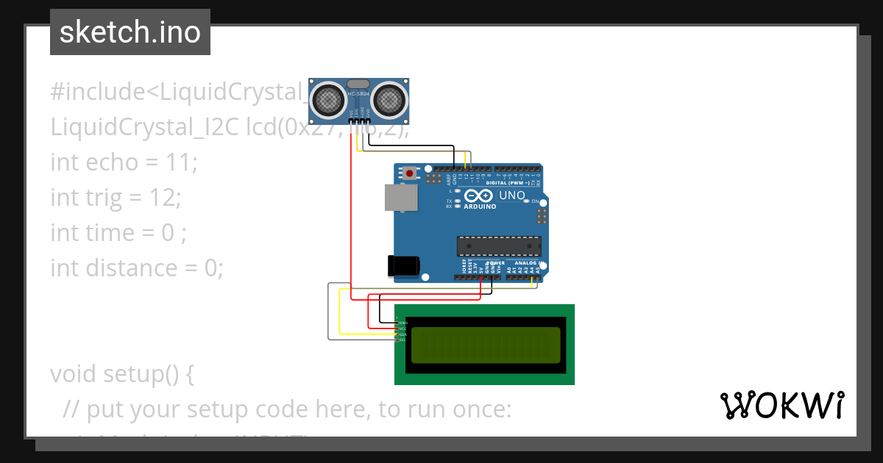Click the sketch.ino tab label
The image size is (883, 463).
tap(130, 32)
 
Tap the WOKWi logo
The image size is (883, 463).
tap(781, 406)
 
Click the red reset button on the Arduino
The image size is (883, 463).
tap(410, 173)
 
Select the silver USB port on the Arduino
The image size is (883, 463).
tap(400, 198)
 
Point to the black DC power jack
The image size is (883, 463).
tap(403, 266)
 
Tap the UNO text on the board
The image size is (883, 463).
tap(512, 196)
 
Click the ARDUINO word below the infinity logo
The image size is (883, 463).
tap(480, 207)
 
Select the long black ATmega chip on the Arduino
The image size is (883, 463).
tap(499, 246)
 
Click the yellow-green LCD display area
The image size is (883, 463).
tap(484, 345)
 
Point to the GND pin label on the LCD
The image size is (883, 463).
tap(403, 323)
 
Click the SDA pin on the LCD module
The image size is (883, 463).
tap(402, 334)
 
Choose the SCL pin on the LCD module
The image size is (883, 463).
tap(402, 340)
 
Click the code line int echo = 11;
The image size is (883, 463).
tap(124, 162)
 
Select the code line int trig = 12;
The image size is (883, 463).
tap(116, 197)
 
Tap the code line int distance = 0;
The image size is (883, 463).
tap(136, 268)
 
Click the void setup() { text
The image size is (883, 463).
tap(122, 373)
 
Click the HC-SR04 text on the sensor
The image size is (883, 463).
tap(358, 93)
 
